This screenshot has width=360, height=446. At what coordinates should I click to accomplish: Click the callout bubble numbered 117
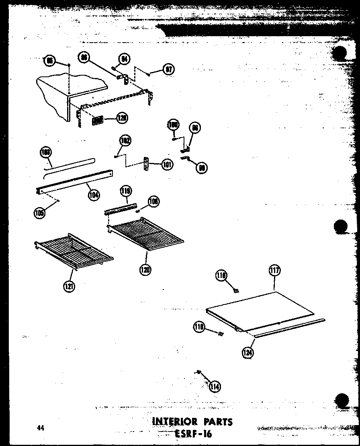pyautogui.click(x=274, y=271)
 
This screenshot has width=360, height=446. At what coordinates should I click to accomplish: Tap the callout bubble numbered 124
pyautogui.click(x=248, y=353)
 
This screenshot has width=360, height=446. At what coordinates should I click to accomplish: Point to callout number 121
pyautogui.click(x=69, y=286)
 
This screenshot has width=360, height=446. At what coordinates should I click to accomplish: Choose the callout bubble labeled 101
pyautogui.click(x=167, y=164)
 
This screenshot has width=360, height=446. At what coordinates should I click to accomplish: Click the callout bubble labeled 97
pyautogui.click(x=169, y=70)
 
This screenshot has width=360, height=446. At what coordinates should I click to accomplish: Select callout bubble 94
pyautogui.click(x=125, y=60)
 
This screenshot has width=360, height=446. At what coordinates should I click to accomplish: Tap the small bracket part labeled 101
pyautogui.click(x=147, y=164)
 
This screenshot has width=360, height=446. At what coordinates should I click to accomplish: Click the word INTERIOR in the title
pyautogui.click(x=176, y=422)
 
